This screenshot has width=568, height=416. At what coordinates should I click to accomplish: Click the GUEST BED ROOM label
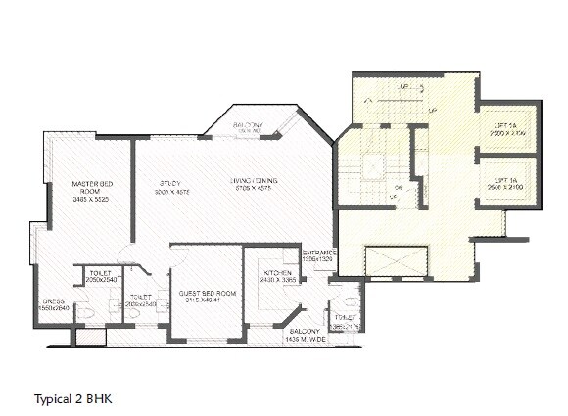tap(206, 294)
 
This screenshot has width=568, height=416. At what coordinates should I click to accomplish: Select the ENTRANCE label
tap(318, 254)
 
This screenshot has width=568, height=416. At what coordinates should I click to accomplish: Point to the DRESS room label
tap(52, 301)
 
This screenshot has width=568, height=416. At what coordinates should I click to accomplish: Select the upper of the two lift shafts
tap(505, 126)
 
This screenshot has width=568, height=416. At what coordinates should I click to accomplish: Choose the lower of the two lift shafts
tap(505, 183)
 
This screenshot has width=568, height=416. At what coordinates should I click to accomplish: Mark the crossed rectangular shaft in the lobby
tap(395, 261)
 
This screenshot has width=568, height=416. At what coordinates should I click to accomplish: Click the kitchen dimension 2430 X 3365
tap(273, 280)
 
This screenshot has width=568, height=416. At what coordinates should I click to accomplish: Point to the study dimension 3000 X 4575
tap(170, 192)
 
